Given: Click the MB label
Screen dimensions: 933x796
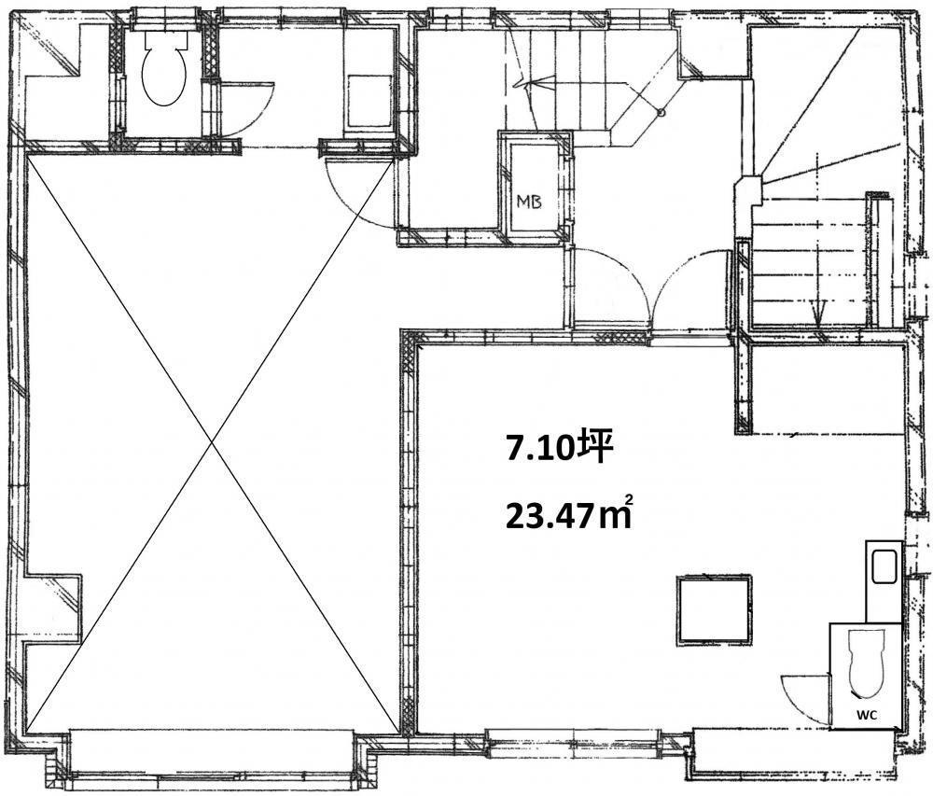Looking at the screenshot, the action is coord(529,202).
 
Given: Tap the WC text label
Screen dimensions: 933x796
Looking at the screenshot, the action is coord(867,715).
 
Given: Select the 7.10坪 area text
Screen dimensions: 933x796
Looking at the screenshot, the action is coord(559,449).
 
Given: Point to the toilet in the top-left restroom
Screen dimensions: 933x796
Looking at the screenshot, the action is coord(164,69).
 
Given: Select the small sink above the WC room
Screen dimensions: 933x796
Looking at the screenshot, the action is coord(884,567).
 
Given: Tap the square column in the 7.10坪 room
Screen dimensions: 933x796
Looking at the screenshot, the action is coord(714,609).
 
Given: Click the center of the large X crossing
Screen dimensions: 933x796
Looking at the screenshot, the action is coord(211,442).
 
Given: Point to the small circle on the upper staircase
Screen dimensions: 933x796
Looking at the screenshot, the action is coord(660,112).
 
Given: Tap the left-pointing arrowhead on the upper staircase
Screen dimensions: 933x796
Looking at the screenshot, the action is coord(523,85).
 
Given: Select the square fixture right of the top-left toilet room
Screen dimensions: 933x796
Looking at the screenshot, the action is coord(369,101).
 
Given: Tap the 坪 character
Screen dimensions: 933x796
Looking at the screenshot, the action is coord(597,448).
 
